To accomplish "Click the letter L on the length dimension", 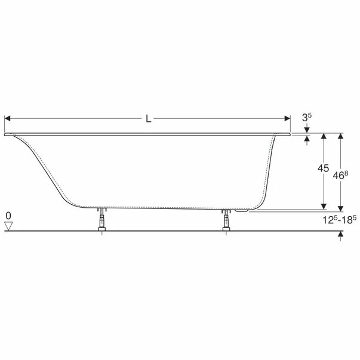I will (148, 119).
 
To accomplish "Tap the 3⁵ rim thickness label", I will (306, 118).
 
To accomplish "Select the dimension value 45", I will (323, 169).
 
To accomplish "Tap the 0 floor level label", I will (8, 214).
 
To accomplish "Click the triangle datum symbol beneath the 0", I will (8, 225).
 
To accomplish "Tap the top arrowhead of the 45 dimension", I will (324, 136).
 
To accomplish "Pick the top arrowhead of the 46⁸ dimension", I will (340, 136).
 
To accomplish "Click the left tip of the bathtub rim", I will (6, 134).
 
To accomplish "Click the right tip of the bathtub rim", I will (290, 134).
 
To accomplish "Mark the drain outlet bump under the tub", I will (242, 210).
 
